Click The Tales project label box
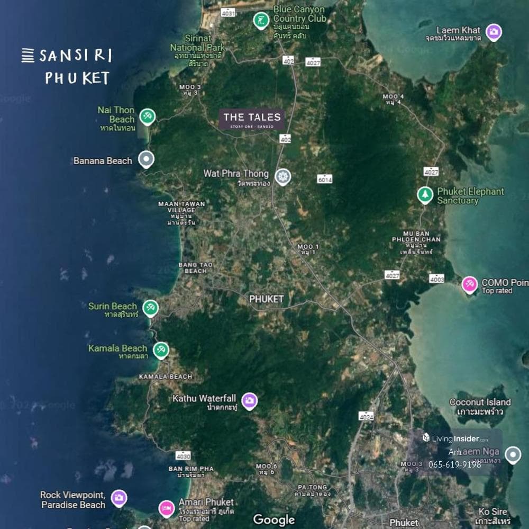[x=252, y=120]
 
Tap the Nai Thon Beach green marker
[x=148, y=116]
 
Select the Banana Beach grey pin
[x=146, y=158]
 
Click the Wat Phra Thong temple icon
[x=284, y=176]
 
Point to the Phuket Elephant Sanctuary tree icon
[x=425, y=195]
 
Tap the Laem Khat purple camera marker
[x=494, y=32]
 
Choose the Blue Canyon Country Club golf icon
[x=260, y=20]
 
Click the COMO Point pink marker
[x=469, y=284]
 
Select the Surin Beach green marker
[x=151, y=307]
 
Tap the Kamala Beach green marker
[x=161, y=349]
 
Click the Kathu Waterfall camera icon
[x=250, y=400]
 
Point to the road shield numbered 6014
[x=325, y=180]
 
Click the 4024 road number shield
[x=366, y=417]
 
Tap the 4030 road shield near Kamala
[x=183, y=455]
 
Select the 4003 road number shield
[x=437, y=279]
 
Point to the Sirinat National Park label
[x=197, y=47]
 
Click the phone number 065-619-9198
[x=454, y=464]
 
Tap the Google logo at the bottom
[x=273, y=519]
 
